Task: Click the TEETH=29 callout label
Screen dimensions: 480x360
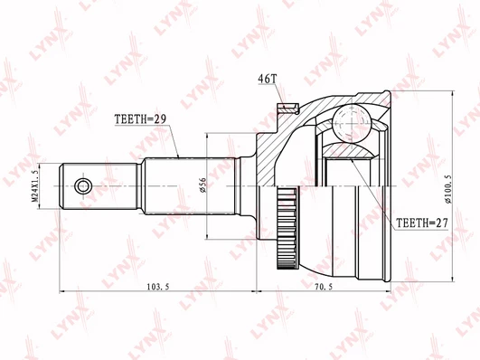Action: click(x=140, y=118)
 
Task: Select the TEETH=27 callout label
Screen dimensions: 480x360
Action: click(x=422, y=223)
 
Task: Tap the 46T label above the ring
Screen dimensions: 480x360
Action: click(x=268, y=79)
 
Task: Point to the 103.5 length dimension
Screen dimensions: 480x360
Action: click(x=158, y=287)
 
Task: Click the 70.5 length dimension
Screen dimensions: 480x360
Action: click(x=324, y=287)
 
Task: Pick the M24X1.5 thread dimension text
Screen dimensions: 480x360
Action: click(x=35, y=186)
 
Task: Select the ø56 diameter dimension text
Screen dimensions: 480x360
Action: click(x=202, y=185)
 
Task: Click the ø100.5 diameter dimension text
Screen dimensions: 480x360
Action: click(x=448, y=189)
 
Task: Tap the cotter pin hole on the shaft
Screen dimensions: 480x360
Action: click(x=83, y=186)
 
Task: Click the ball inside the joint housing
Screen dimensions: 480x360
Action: click(x=352, y=122)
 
